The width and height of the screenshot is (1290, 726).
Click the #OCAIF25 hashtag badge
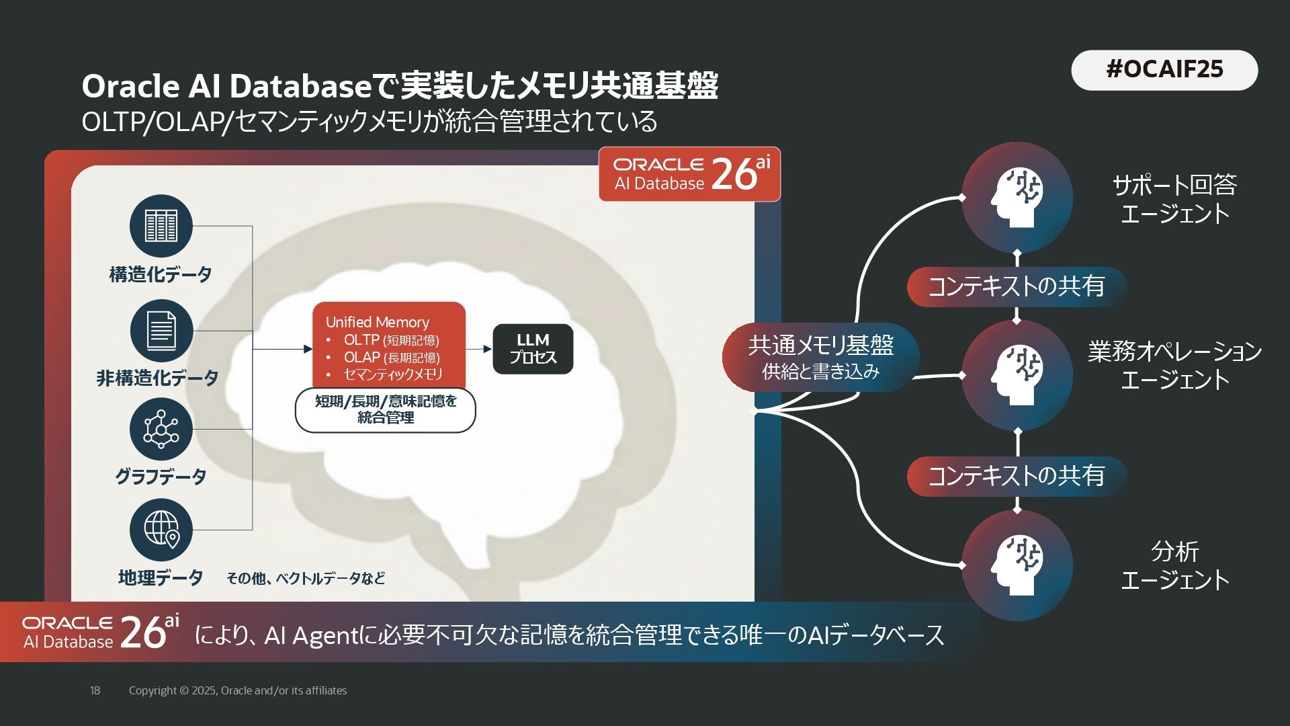pos(1164,70)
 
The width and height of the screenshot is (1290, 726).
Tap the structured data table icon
pos(161,226)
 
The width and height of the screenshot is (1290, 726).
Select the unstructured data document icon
pos(161,331)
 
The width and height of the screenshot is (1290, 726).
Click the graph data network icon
pos(161,429)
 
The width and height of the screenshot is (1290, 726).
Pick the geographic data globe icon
pos(161,530)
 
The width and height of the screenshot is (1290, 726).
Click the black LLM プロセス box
pos(533,349)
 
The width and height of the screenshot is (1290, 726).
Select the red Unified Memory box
pos(389,346)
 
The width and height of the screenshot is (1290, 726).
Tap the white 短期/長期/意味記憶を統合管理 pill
pos(386,409)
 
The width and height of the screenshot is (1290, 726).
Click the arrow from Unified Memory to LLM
pos(479,349)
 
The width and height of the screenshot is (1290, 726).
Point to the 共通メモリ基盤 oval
pos(820,358)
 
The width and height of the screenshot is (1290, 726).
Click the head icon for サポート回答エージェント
pos(1017,198)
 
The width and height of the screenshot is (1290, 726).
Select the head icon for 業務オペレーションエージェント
pos(1017,375)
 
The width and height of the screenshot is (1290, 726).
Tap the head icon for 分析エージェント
pos(1017,565)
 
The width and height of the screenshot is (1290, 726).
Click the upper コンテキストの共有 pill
pos(1017,287)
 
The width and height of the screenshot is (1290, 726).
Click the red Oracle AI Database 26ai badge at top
pos(690,174)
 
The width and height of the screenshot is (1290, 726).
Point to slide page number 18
pos(95,690)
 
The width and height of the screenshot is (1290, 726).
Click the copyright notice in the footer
pos(238,690)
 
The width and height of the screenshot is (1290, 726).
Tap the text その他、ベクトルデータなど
pos(306,578)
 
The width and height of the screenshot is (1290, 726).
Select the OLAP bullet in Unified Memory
pos(392,358)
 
